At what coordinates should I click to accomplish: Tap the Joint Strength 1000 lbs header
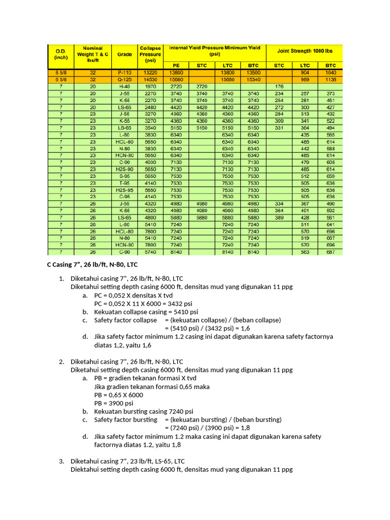[304, 51]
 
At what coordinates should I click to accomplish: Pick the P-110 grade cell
[124, 73]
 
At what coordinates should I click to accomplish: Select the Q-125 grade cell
[124, 79]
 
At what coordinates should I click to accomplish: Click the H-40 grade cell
[124, 86]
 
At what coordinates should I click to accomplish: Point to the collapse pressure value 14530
[150, 79]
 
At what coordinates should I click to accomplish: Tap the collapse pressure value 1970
[150, 86]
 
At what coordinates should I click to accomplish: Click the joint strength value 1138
[331, 79]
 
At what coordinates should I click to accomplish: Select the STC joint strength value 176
[279, 86]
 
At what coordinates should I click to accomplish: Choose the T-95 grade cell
[124, 182]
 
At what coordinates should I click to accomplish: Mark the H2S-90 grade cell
[124, 169]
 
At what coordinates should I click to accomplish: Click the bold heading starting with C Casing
[92, 265]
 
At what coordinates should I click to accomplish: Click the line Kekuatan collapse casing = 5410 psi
[146, 312]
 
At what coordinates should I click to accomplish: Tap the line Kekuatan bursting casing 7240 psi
[144, 411]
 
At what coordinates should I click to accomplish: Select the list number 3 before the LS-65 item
[61, 461]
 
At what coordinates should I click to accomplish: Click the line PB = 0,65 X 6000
[118, 395]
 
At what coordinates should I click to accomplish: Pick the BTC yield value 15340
[253, 79]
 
